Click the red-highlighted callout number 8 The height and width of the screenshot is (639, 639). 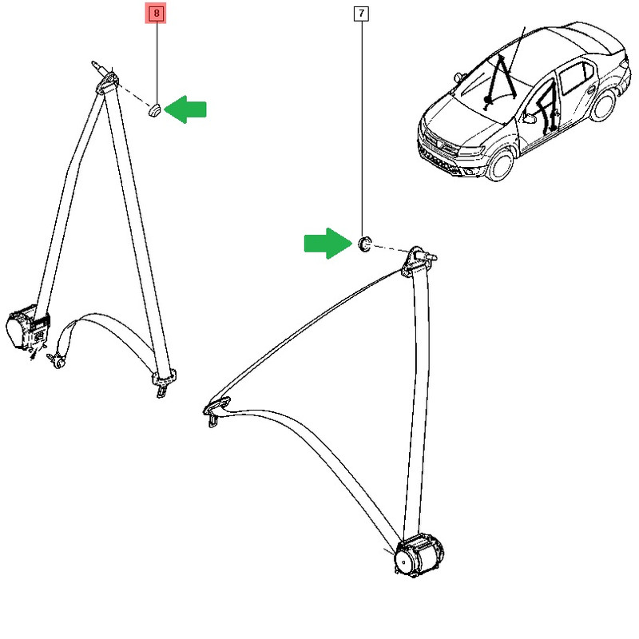coord(156,14)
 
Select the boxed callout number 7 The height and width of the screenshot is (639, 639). coord(361,14)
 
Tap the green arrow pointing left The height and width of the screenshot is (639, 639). coord(185,109)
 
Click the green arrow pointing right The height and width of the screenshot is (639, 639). coord(328,244)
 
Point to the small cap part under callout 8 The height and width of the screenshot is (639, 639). coord(154,110)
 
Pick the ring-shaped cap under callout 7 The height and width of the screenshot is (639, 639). coord(364,243)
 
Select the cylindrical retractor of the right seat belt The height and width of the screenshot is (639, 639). coord(419,555)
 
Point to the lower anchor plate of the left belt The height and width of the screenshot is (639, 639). coord(164,380)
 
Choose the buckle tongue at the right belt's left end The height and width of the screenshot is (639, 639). coord(216,411)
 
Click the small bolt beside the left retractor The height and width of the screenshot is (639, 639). coord(56,361)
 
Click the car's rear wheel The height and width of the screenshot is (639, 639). coord(603,105)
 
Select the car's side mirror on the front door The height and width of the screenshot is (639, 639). coord(530,118)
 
